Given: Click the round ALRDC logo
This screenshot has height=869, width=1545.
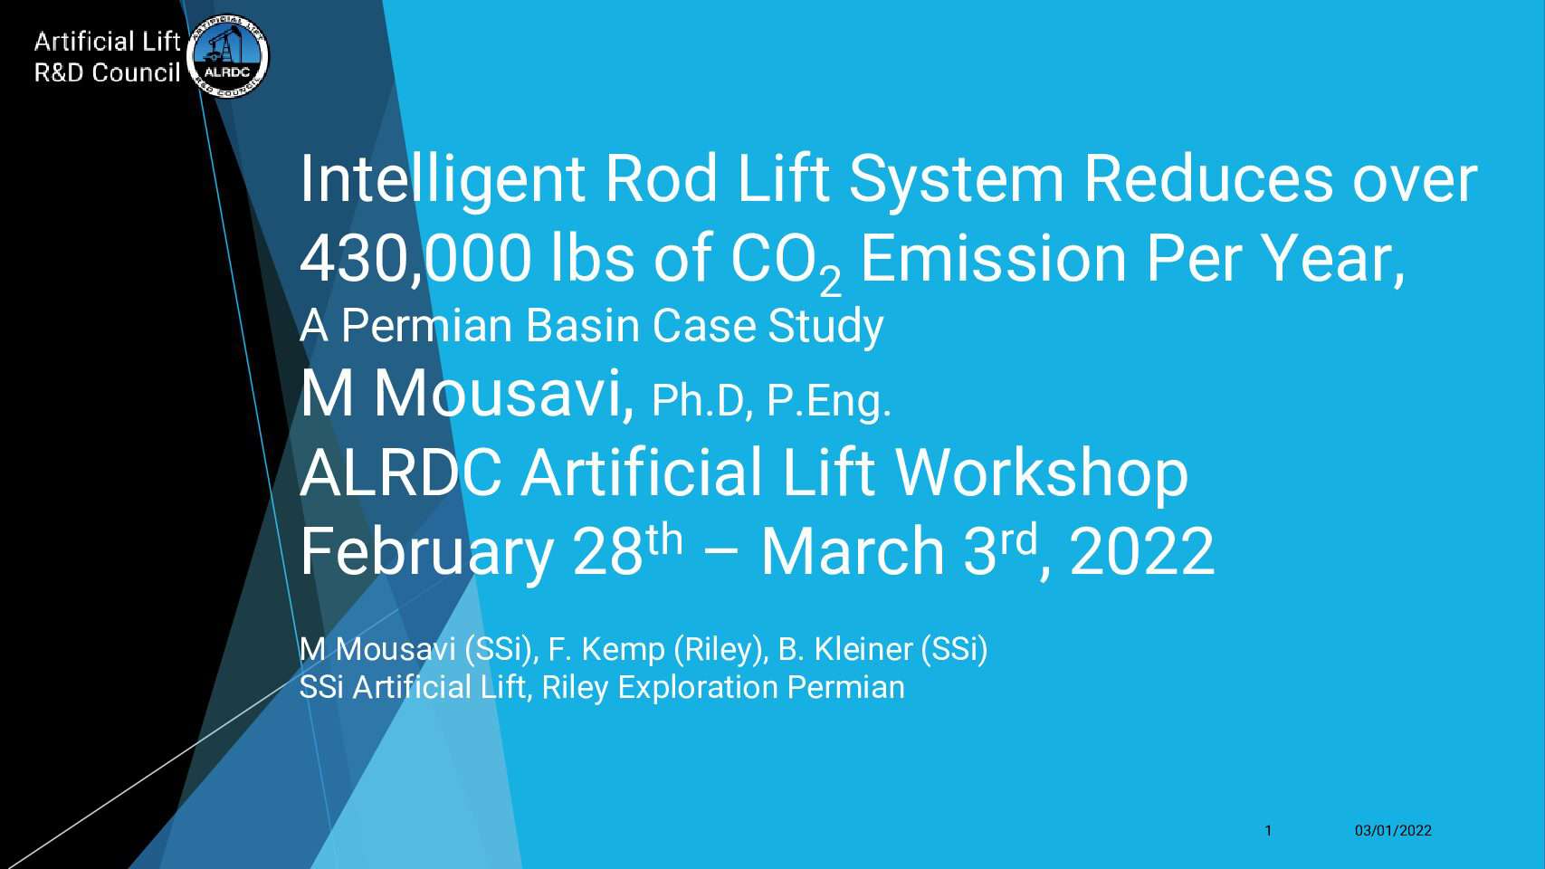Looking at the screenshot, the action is tap(227, 56).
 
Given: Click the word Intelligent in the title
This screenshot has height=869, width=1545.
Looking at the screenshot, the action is tap(442, 181).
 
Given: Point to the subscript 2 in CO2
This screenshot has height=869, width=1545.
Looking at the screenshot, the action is tap(831, 282).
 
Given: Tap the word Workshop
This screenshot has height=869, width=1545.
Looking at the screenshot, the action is tap(1042, 473).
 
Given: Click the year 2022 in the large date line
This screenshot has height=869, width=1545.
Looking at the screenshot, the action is tap(1142, 552).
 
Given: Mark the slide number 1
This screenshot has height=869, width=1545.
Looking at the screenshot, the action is tap(1268, 831).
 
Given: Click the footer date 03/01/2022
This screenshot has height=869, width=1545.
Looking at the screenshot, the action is tap(1393, 831).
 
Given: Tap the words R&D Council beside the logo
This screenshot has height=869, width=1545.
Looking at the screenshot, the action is tap(108, 72).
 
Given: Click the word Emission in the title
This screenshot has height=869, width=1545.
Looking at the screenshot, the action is tap(993, 259).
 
